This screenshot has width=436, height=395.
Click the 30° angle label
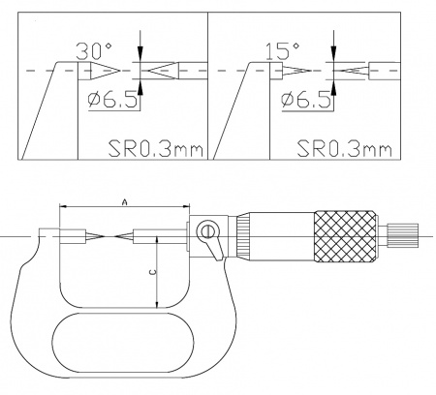[94, 51]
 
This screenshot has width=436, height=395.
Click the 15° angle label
[282, 51]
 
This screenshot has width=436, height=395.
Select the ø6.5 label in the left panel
[113, 100]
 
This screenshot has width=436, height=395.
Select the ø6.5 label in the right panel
[306, 100]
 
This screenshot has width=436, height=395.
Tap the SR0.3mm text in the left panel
[156, 149]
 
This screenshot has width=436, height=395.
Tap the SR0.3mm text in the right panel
[344, 149]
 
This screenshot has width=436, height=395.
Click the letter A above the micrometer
[125, 202]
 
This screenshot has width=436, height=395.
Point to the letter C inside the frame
[154, 272]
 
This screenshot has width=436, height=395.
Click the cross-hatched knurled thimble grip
[346, 236]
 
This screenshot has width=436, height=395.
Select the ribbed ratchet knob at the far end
[404, 236]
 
